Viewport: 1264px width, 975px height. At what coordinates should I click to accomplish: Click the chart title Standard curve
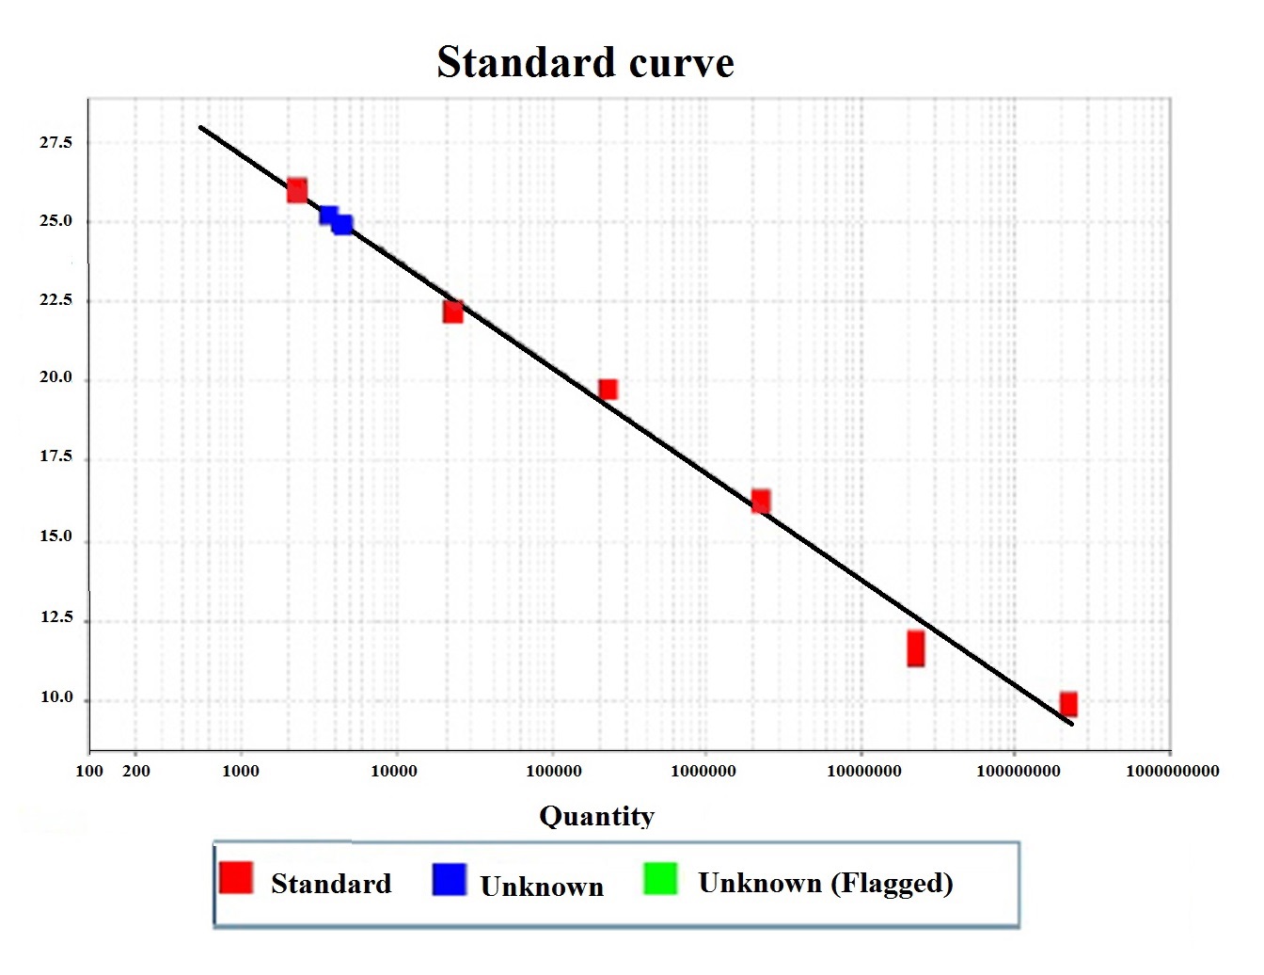585,63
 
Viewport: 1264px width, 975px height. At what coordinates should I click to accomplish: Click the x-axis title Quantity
596,816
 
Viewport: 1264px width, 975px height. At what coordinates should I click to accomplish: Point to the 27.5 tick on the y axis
55,142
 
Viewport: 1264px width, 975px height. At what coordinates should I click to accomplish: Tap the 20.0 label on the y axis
55,377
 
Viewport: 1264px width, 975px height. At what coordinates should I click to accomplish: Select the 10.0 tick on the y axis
56,697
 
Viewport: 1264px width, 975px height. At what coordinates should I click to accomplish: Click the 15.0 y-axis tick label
55,536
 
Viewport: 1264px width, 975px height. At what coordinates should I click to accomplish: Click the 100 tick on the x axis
89,771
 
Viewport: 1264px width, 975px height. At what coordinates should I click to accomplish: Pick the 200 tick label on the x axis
136,771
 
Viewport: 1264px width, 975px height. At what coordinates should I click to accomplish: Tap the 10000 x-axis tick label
394,771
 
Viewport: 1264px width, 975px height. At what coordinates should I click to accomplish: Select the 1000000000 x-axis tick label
1172,771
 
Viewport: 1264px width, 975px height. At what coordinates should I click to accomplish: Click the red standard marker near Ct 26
297,190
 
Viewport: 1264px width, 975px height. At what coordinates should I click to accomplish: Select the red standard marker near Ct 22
453,312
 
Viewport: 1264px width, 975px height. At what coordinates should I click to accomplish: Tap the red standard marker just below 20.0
608,389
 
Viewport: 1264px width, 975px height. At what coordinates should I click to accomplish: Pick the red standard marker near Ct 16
761,501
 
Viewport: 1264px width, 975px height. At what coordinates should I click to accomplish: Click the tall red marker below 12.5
915,648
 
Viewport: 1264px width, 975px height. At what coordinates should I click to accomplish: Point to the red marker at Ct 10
1068,703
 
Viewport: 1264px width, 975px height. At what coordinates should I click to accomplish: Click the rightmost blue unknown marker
342,224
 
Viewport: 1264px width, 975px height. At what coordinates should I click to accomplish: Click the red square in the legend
236,877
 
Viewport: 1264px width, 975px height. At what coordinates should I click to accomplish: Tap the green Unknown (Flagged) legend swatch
660,877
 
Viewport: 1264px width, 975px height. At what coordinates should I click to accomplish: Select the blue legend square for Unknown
450,878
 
